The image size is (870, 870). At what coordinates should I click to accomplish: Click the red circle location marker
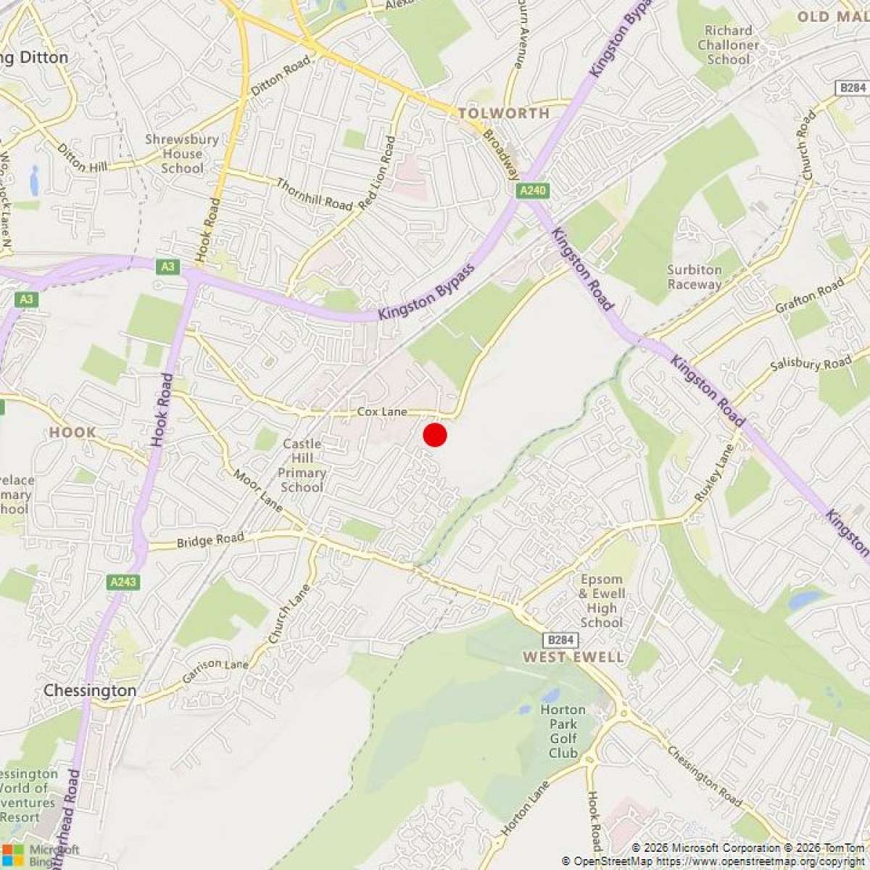click(434, 435)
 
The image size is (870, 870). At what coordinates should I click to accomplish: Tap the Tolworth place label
click(503, 113)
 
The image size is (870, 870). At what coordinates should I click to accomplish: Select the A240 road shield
click(533, 191)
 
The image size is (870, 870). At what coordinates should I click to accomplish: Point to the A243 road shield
click(124, 581)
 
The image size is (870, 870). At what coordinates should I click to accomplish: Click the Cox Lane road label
click(382, 412)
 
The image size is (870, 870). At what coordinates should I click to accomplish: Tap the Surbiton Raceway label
click(695, 277)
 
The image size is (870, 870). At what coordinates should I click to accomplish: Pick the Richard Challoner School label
click(728, 44)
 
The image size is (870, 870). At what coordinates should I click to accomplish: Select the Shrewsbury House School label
click(182, 153)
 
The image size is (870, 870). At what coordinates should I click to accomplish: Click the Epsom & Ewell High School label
click(602, 600)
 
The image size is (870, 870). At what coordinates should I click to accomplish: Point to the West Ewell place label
click(573, 657)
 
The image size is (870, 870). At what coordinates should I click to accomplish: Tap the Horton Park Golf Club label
click(563, 731)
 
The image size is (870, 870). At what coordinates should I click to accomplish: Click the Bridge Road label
click(210, 540)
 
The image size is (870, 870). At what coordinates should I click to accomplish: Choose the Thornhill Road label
click(313, 194)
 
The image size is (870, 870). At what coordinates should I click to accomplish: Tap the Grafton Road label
click(810, 296)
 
